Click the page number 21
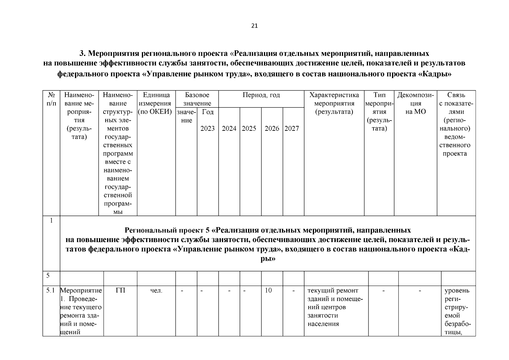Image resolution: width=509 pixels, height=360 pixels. [x=254, y=26]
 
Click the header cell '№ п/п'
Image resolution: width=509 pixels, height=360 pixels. [x=51, y=99]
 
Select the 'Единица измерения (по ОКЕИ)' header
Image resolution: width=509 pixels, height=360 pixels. [x=156, y=103]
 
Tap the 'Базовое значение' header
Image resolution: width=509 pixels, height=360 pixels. [x=197, y=99]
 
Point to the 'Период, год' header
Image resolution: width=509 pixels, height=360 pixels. [x=261, y=95]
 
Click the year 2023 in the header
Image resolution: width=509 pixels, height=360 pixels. [x=208, y=129]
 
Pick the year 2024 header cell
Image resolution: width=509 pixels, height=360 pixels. [x=229, y=129]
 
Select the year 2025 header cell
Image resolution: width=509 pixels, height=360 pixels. [x=249, y=129]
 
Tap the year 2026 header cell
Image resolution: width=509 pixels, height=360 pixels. [x=272, y=129]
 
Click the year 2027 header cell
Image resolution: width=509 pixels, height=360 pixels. [x=292, y=129]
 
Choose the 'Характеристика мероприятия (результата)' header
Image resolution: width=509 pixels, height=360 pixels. [x=334, y=103]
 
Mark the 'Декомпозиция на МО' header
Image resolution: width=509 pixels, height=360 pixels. [x=415, y=103]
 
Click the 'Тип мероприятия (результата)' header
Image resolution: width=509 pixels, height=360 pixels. [x=379, y=112]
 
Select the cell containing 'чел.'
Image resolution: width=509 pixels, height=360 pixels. [x=156, y=291]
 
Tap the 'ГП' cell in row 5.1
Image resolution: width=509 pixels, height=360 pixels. [x=120, y=291]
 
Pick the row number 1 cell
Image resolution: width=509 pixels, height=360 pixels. [x=51, y=221]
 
